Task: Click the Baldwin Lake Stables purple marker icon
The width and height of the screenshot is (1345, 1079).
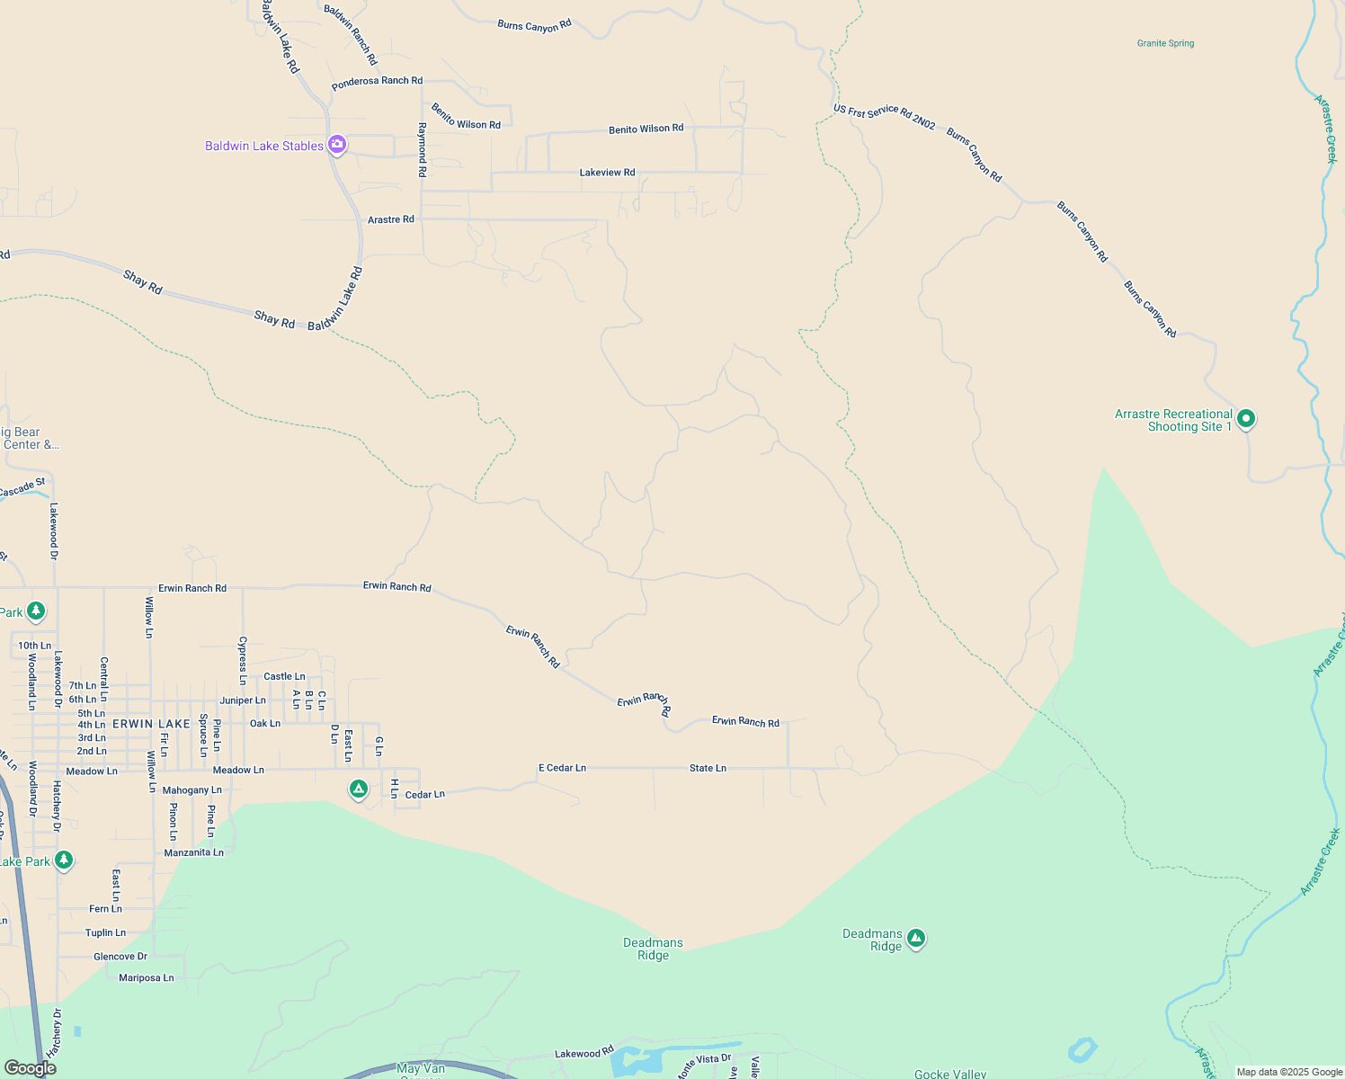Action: coord(337,144)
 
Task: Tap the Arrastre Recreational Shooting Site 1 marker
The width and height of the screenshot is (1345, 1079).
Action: coord(1246,418)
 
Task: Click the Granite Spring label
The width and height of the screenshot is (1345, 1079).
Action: coord(1165,43)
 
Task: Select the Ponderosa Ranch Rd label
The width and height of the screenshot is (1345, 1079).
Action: coord(377,82)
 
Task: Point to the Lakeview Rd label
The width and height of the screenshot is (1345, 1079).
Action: coord(607,173)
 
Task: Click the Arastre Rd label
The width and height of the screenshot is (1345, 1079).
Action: coord(391,219)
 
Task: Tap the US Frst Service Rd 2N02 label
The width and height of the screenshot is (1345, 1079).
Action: coord(884,116)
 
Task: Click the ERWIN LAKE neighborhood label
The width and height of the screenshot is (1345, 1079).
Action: coord(151,724)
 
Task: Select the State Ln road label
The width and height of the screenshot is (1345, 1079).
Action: coord(708,768)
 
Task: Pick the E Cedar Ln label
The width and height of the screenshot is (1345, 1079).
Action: coord(562,768)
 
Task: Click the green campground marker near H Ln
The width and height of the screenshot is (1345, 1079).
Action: coord(359,789)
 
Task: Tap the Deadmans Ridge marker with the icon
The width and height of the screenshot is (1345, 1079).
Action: coord(916,939)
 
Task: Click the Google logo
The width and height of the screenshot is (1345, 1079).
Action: coord(30,1068)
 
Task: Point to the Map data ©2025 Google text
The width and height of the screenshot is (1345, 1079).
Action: coord(1289,1072)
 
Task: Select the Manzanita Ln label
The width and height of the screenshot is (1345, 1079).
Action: coord(193,852)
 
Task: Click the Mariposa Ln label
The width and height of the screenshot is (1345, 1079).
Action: coord(147,977)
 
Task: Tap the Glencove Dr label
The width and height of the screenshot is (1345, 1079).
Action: coord(120,957)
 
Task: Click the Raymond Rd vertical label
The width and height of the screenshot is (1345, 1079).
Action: coord(422,149)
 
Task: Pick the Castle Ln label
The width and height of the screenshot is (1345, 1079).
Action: coord(284,676)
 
